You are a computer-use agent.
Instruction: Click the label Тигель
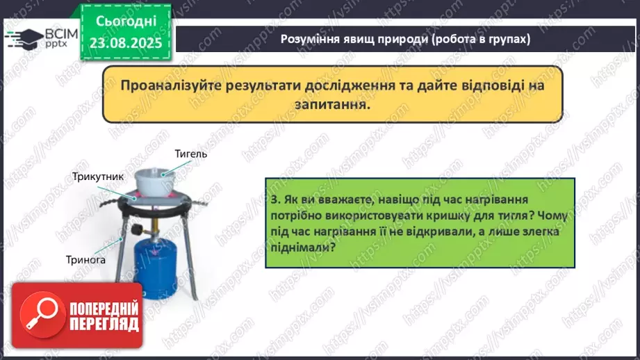[190, 154]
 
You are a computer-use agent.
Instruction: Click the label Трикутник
[98, 177]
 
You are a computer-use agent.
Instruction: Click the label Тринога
[88, 259]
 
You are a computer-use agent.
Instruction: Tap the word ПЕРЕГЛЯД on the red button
[103, 324]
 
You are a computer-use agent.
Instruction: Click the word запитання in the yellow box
[331, 104]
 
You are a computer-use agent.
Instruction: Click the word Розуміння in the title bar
[310, 40]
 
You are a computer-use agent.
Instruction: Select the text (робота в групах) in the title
[480, 40]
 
